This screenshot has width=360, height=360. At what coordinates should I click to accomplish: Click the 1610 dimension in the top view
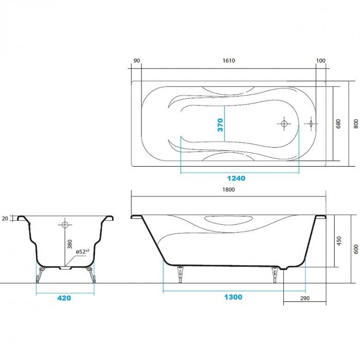(229, 61)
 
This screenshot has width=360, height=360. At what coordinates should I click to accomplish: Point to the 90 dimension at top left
(136, 61)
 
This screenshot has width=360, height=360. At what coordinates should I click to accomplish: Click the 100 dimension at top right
(321, 61)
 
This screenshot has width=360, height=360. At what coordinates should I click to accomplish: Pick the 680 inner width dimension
(338, 124)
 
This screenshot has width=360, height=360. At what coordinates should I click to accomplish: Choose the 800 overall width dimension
(354, 124)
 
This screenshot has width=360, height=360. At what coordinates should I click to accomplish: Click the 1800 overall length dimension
(229, 190)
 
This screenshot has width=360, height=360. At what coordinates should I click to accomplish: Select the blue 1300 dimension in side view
(233, 297)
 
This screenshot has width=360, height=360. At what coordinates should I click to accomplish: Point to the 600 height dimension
(354, 248)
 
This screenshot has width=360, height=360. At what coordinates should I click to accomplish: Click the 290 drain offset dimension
(305, 298)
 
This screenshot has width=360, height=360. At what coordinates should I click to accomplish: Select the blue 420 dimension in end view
(64, 298)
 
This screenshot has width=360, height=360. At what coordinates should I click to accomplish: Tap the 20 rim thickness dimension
(5, 219)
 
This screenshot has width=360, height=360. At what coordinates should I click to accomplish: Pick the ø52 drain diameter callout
(83, 251)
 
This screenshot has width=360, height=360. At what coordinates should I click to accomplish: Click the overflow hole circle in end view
(65, 225)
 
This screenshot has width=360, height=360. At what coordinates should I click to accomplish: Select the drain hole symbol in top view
(283, 123)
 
